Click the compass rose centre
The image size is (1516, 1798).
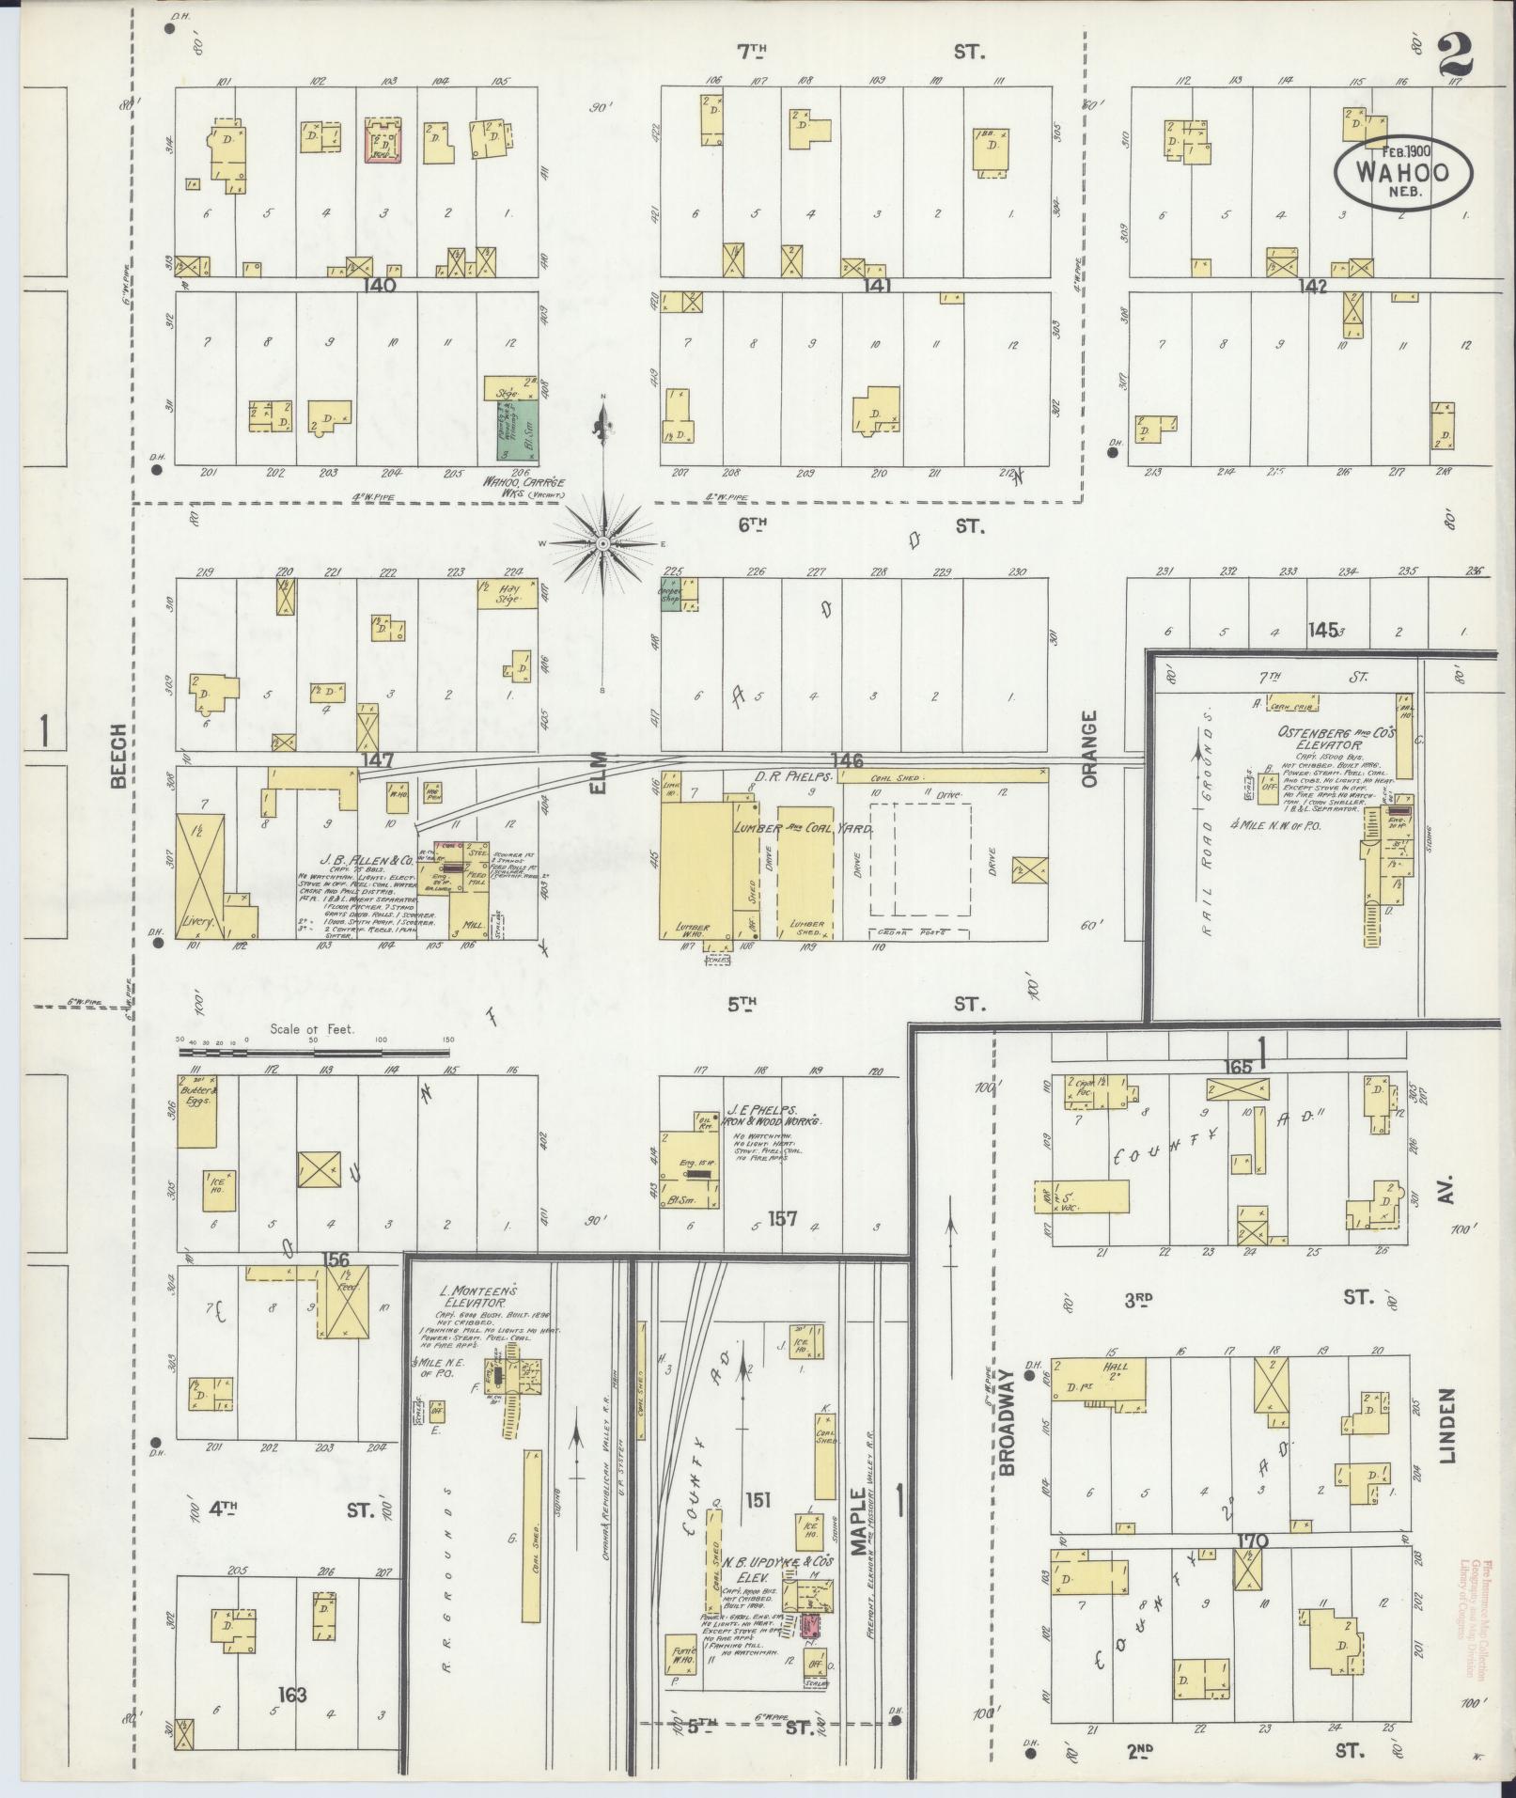[602, 543]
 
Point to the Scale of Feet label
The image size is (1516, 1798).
[312, 1029]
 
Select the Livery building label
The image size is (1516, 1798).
[199, 923]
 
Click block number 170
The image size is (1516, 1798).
[1253, 1540]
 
